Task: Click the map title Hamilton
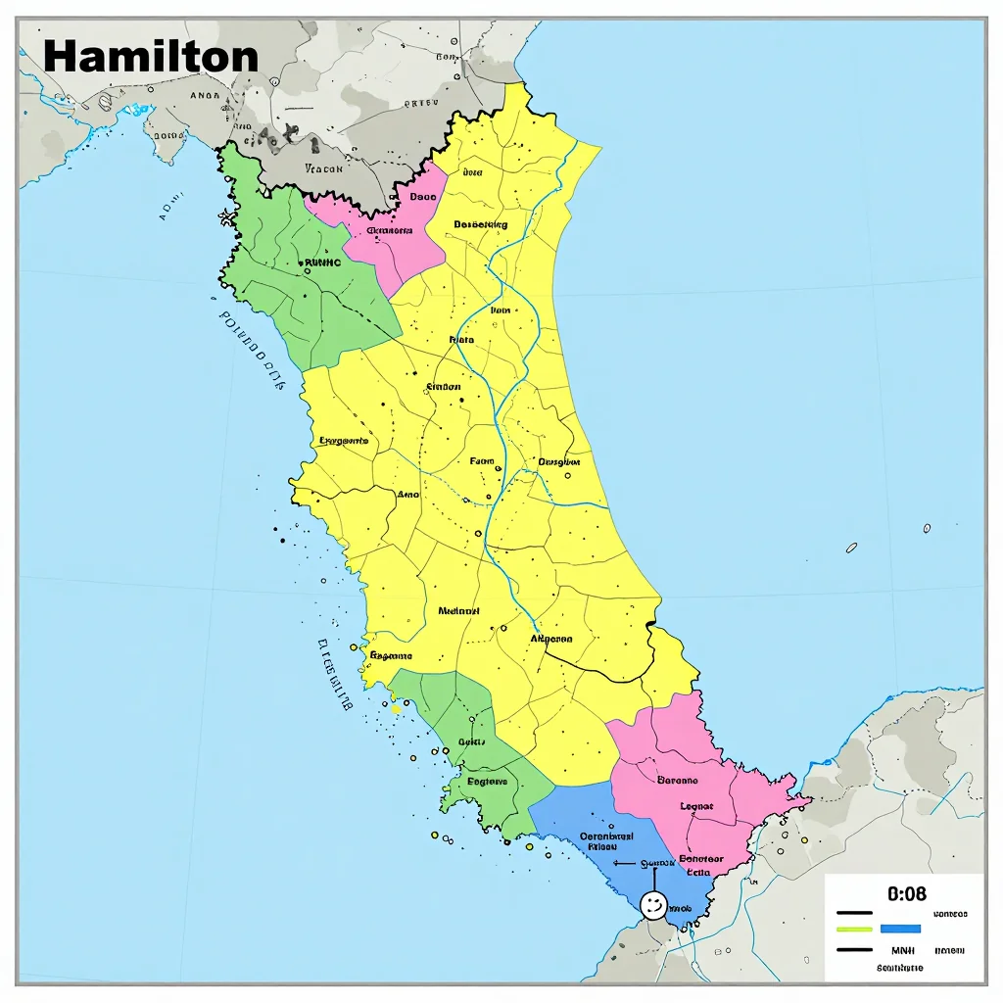pos(151,56)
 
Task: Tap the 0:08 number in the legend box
pos(906,893)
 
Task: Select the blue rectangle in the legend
pos(900,928)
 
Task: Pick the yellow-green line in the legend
pos(854,928)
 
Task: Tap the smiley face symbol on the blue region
pos(652,903)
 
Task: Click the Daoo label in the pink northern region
pos(422,196)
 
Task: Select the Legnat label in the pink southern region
pos(696,806)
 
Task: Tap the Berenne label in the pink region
pos(677,781)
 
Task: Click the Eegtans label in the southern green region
pos(487,782)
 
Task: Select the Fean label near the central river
pos(481,460)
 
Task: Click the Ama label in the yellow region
pos(407,495)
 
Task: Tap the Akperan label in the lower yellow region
pos(550,639)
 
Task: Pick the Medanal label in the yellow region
pos(458,610)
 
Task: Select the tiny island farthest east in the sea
pos(927,528)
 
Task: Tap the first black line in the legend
pos(854,913)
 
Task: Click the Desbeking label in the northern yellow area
pos(480,224)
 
